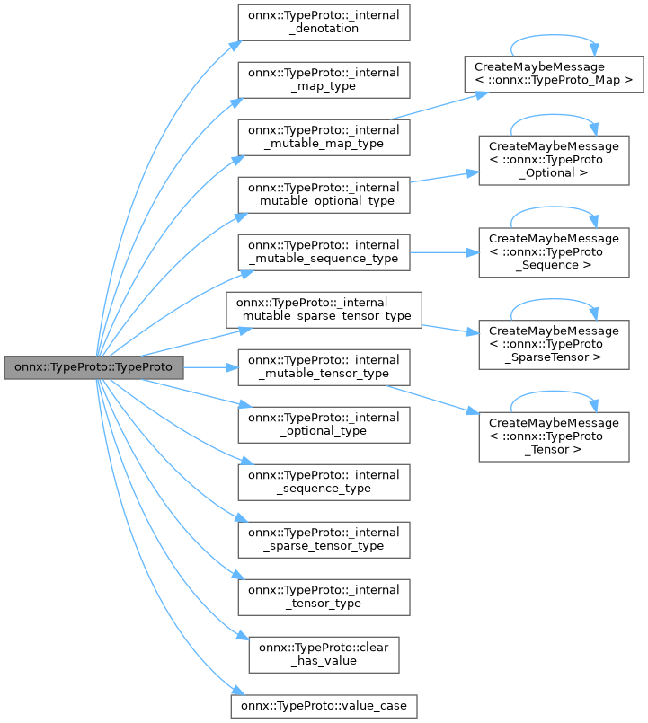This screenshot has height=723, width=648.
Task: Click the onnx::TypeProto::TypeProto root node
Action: click(93, 367)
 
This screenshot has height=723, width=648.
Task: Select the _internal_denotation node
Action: click(324, 22)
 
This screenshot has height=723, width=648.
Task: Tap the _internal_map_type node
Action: click(324, 79)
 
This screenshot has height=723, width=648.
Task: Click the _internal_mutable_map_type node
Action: click(324, 137)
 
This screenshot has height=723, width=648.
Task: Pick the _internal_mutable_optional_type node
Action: click(324, 194)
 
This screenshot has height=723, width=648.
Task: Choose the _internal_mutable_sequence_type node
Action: click(324, 251)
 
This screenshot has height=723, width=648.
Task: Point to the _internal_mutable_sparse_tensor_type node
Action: click(324, 309)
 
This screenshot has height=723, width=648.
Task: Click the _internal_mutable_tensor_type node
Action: click(324, 367)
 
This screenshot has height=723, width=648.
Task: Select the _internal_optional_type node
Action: click(324, 424)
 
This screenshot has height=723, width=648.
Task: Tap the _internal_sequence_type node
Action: click(324, 481)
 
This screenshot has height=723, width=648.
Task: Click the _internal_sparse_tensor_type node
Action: click(324, 539)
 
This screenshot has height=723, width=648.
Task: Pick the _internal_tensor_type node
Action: click(324, 596)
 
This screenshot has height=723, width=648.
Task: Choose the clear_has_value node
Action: click(324, 654)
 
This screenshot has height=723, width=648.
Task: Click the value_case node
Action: click(324, 706)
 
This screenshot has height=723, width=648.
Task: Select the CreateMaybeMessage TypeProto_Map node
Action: click(554, 74)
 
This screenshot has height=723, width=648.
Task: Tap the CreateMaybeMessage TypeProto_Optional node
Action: click(554, 160)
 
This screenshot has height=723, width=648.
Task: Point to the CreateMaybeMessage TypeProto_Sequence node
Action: click(554, 252)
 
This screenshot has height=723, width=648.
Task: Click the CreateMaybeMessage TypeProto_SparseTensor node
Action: click(554, 344)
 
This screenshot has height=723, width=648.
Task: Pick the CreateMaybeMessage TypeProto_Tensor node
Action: click(554, 436)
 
